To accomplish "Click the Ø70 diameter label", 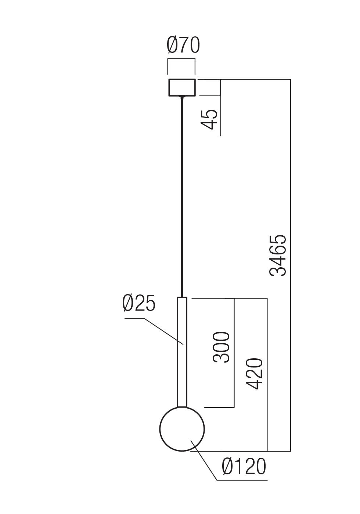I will [x=183, y=46].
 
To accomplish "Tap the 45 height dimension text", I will [x=210, y=119].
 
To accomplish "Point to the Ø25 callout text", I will [x=139, y=304].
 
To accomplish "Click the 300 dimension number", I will [x=221, y=347].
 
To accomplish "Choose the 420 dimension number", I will [x=254, y=374].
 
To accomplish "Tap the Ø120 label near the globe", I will [x=244, y=467].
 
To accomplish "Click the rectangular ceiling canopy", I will [x=182, y=87].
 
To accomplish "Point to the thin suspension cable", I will [x=182, y=195].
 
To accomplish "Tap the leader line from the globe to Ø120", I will [x=204, y=464].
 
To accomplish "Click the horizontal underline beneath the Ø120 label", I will [x=242, y=480].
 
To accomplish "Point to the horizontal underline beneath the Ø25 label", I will [x=134, y=318].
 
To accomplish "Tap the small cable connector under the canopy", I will [x=182, y=97].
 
